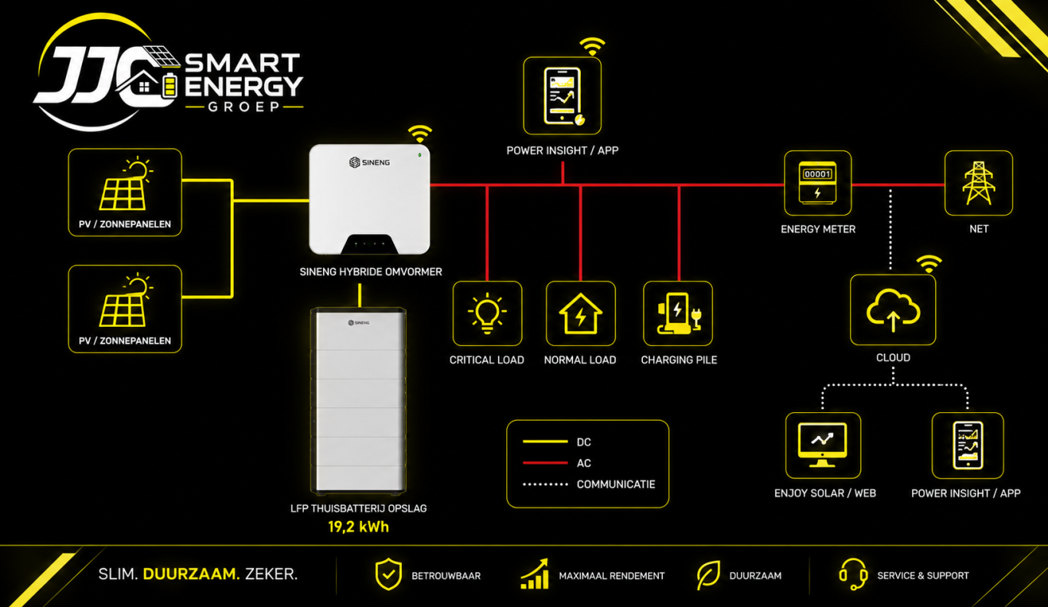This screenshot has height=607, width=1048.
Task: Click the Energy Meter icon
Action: click(x=817, y=183)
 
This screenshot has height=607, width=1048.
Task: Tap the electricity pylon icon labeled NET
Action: click(x=978, y=183)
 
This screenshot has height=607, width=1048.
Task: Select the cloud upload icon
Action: click(x=893, y=310)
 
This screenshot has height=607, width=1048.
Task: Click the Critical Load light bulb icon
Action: click(x=487, y=313)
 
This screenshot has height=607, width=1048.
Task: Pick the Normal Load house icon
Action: click(x=581, y=314)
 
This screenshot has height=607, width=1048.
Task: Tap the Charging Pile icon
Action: click(x=678, y=314)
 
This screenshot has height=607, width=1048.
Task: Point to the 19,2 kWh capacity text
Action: click(x=358, y=527)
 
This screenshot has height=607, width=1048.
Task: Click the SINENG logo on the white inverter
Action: click(x=369, y=163)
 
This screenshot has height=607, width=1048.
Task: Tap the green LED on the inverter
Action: click(x=420, y=155)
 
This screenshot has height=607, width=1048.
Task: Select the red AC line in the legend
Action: click(x=545, y=463)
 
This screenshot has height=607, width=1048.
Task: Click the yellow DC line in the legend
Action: click(x=545, y=441)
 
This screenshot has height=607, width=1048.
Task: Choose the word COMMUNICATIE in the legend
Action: click(x=616, y=484)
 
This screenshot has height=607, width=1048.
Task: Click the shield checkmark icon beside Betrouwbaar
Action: click(x=388, y=574)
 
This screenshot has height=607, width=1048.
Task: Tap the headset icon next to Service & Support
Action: click(x=853, y=574)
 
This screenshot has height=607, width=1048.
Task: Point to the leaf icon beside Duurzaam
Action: click(x=708, y=574)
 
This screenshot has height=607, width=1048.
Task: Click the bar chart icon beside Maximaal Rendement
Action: click(x=535, y=574)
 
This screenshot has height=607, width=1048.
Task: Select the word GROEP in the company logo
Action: click(x=244, y=107)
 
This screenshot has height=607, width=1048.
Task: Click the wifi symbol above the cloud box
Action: click(x=928, y=263)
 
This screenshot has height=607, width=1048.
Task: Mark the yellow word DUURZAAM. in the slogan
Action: click(x=191, y=574)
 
